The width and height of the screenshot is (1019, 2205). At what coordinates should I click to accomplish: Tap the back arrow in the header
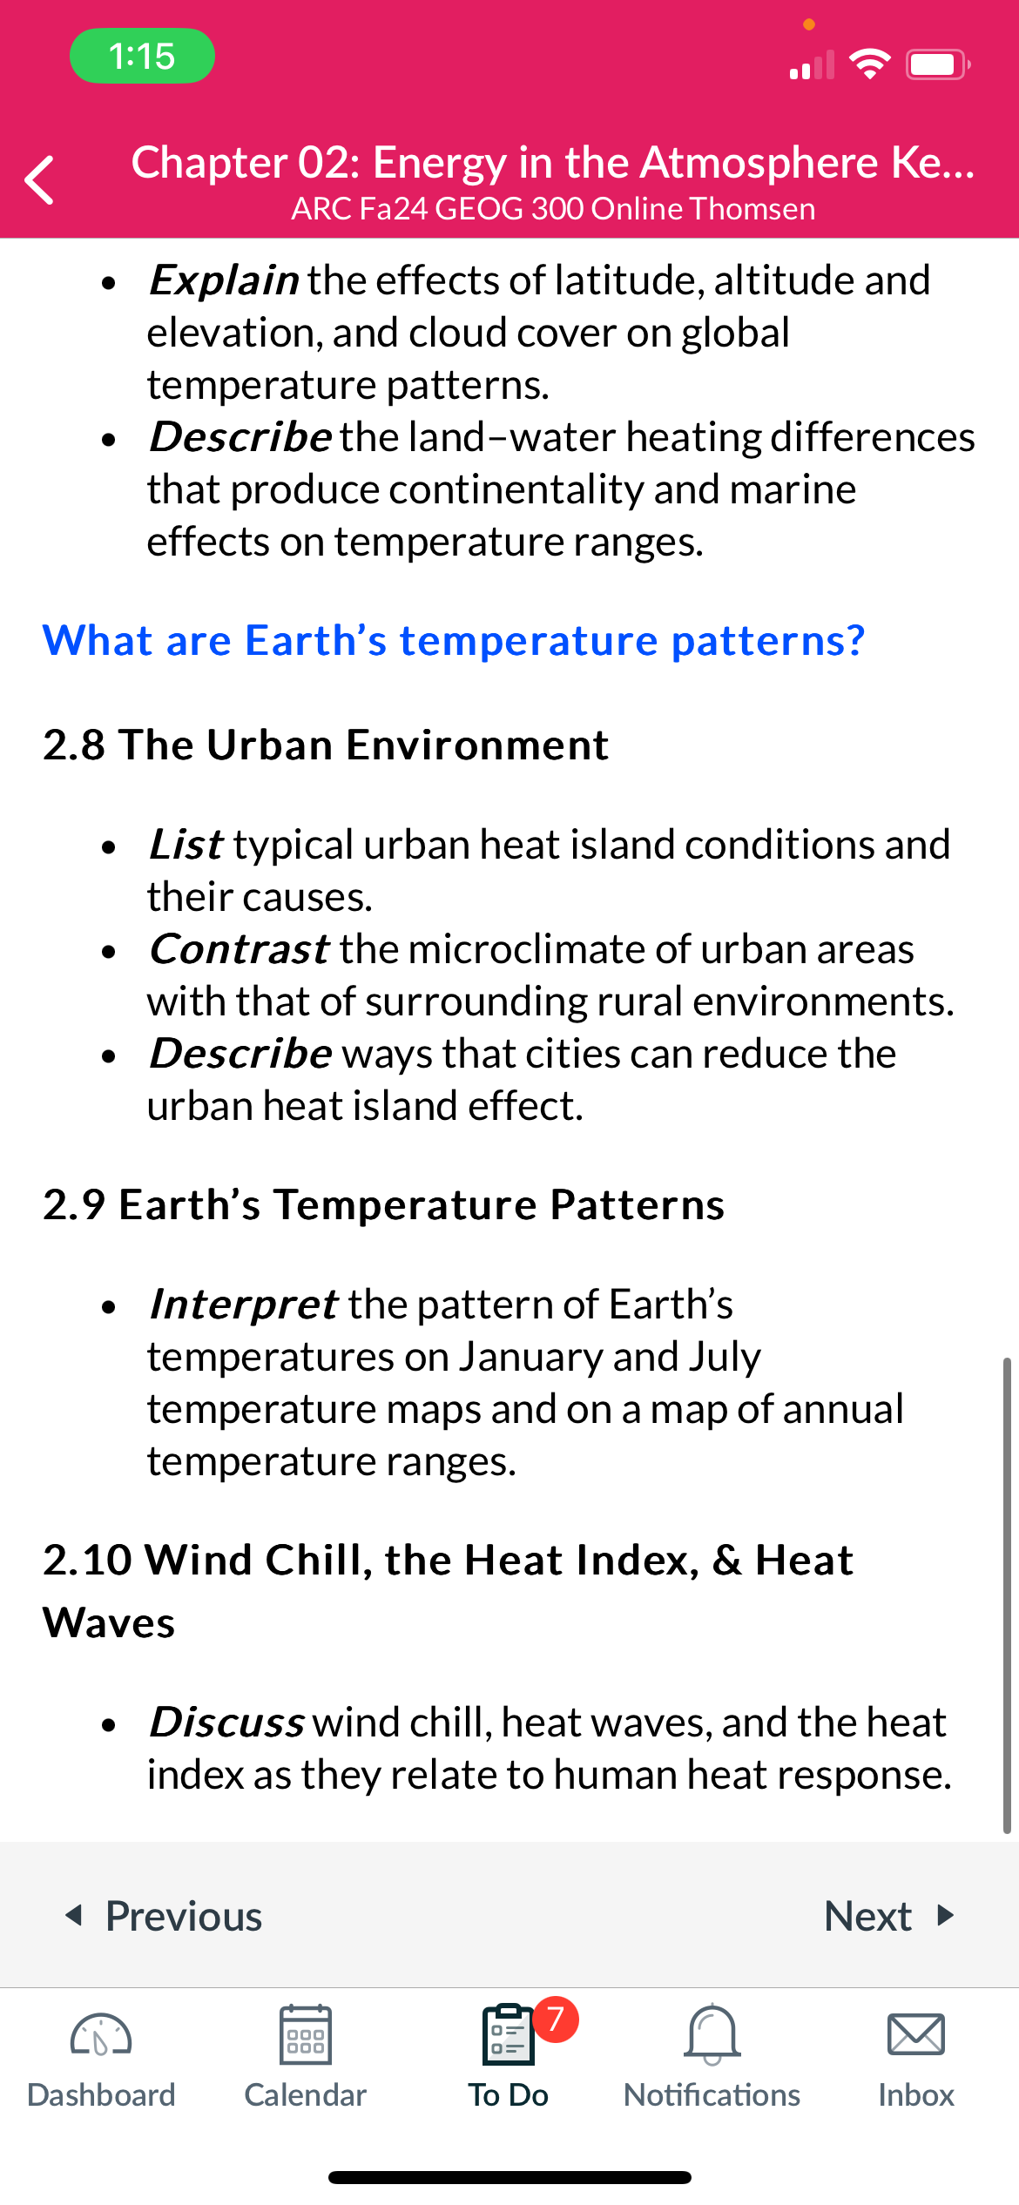point(40,179)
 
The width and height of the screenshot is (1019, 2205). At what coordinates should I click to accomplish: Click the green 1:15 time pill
point(142,56)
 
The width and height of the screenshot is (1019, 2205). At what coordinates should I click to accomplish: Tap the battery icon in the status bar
point(938,64)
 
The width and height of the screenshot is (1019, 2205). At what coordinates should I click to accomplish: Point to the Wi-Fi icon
point(869,64)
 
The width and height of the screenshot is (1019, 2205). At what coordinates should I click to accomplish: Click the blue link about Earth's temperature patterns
point(454,640)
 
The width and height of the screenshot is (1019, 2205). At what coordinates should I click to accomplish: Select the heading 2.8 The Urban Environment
point(326,745)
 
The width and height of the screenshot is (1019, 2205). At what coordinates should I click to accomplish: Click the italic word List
point(186,844)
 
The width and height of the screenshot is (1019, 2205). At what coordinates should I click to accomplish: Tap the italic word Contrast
point(240,948)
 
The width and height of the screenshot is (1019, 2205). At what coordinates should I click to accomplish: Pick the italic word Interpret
point(244,1305)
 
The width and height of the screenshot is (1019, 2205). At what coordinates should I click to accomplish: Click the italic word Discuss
point(227,1722)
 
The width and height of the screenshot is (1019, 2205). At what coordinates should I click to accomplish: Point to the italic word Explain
point(225,280)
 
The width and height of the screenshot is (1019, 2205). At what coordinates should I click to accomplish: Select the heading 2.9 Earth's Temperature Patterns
point(384,1204)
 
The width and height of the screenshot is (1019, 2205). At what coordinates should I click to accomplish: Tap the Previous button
point(164,1916)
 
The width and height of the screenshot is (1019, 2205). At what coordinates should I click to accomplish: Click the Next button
point(889,1916)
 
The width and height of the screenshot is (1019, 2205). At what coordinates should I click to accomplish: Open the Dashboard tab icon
point(101,2035)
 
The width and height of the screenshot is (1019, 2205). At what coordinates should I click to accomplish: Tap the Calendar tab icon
point(305,2034)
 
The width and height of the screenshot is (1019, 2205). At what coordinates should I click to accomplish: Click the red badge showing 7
point(556,2019)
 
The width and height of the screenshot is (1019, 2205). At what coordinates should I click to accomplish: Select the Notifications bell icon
point(712,2034)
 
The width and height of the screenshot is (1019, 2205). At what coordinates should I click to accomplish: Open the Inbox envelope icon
point(916,2034)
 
